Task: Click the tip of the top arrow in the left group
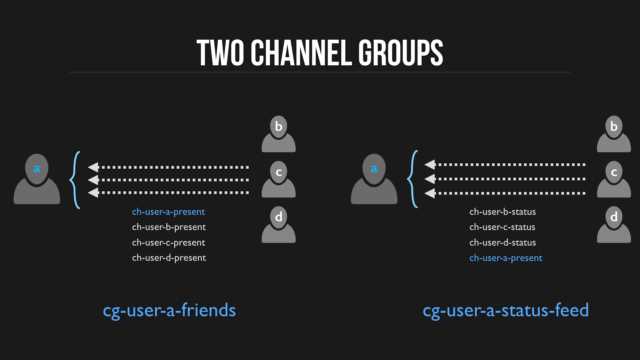(88, 167)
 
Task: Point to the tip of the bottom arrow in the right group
(425, 193)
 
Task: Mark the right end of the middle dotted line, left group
(249, 180)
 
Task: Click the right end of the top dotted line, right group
(585, 165)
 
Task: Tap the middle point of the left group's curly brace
(70, 180)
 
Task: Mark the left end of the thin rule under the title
(69, 72)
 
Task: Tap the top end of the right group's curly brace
(417, 151)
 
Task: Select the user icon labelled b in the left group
(279, 134)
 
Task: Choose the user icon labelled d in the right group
(614, 225)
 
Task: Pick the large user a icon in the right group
(374, 179)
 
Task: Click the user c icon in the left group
(279, 179)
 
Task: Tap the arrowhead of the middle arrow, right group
(430, 179)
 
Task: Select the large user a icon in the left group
(37, 179)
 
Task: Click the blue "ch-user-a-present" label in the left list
(168, 212)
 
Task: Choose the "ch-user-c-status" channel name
(502, 227)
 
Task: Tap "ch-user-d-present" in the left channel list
(169, 258)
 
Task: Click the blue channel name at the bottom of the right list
(506, 258)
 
